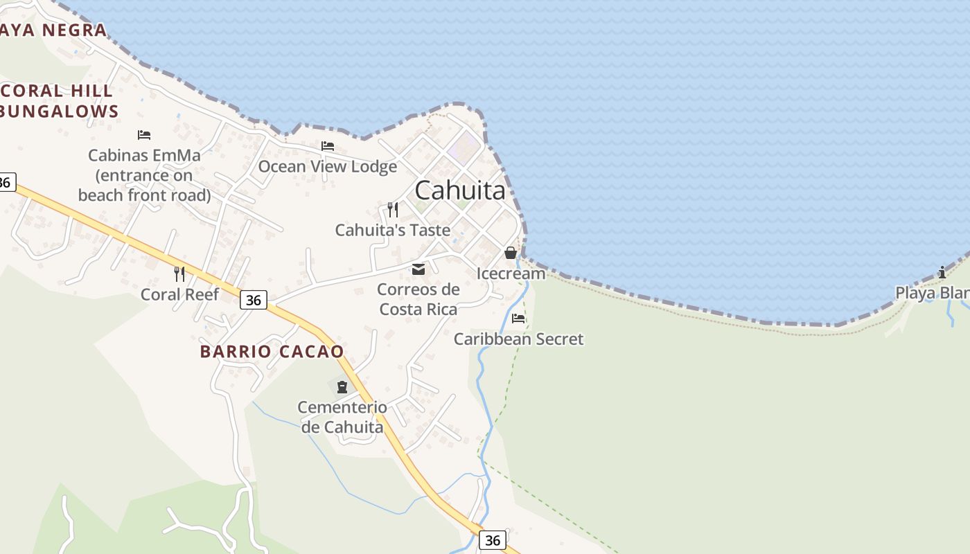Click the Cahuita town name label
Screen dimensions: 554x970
coord(460,190)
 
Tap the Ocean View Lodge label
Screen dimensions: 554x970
coord(328,166)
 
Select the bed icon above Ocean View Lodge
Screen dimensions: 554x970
coord(328,146)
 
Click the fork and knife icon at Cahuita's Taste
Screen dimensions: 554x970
coord(393,209)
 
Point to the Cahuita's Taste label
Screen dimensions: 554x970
coord(392,230)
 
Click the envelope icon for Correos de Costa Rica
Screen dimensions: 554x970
coord(418,269)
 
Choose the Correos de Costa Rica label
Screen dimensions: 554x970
coord(418,299)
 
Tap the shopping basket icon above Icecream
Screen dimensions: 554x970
coord(511,253)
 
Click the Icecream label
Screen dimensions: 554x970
coord(511,274)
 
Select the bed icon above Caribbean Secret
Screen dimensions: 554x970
coord(518,319)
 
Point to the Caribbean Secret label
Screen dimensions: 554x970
coord(518,339)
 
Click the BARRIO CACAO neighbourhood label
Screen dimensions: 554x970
coord(272,351)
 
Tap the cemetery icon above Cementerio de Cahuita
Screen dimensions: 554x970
coord(342,386)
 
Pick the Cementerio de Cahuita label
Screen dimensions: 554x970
coord(342,417)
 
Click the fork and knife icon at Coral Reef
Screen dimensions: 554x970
coord(179,274)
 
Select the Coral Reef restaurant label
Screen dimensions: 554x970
coord(179,294)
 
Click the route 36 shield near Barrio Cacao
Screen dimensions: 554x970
coord(254,300)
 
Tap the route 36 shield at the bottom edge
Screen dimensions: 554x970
coord(492,540)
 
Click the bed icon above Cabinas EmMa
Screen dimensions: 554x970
coord(144,135)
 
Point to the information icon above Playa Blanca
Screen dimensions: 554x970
coord(942,272)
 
